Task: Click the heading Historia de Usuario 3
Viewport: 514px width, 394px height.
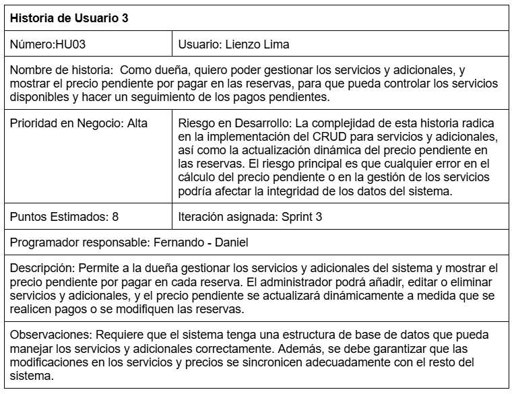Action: coord(69,18)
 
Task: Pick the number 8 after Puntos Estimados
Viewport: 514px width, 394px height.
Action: coord(115,217)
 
